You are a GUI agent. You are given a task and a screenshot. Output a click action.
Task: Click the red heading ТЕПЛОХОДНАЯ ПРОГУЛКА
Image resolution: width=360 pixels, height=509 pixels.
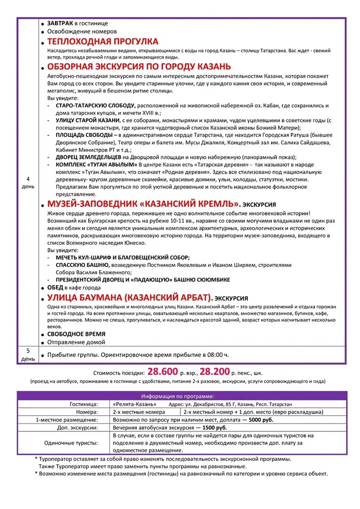[102, 42]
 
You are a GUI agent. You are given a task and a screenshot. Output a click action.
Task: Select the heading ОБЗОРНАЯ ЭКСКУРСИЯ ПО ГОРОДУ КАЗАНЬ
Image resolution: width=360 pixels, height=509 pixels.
[139, 67]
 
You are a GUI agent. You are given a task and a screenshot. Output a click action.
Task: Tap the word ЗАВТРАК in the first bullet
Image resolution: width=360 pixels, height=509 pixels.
[60, 23]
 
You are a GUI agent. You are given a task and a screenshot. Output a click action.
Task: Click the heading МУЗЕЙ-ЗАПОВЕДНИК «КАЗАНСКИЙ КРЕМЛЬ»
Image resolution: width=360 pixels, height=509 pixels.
[145, 204]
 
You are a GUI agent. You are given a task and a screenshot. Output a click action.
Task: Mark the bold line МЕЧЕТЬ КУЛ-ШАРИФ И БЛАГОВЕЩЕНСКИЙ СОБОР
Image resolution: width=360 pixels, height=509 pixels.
[123, 257]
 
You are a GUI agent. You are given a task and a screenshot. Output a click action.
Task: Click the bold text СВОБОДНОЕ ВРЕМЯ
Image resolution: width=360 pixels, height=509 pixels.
[77, 334]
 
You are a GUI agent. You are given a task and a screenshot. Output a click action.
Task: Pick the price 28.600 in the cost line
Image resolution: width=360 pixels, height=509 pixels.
[163, 371]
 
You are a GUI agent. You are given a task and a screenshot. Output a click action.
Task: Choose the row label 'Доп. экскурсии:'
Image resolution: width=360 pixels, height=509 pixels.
[78, 427]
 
